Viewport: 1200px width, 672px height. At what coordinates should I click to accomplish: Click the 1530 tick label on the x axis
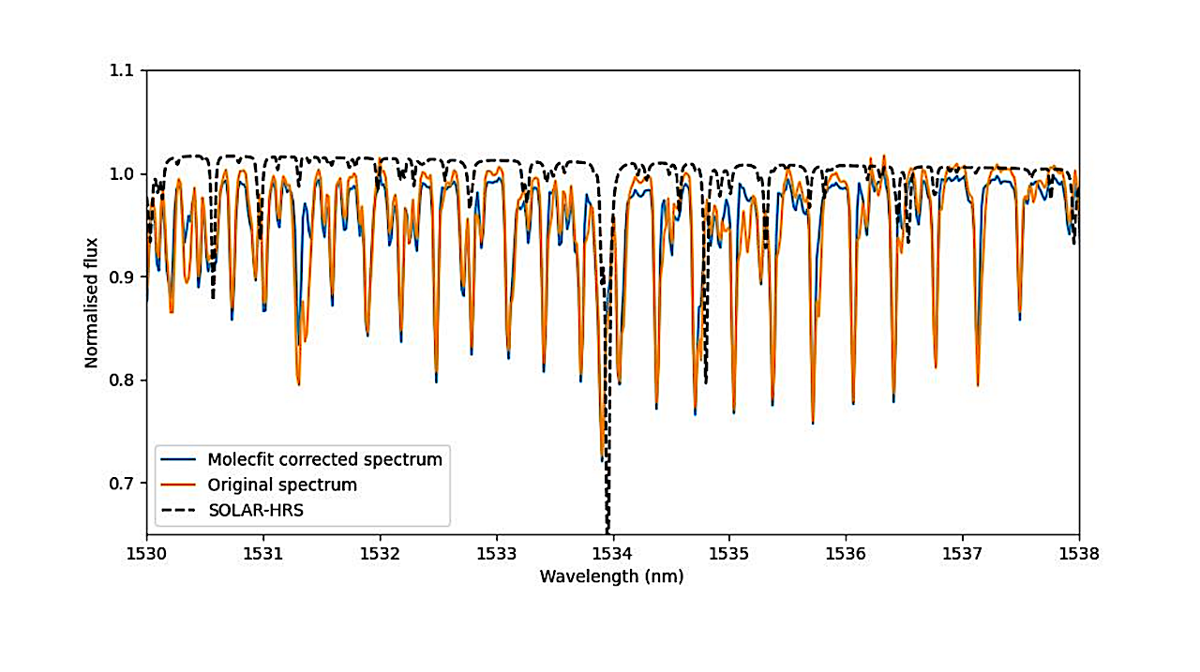click(146, 554)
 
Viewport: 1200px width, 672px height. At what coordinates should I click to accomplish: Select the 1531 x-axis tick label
click(263, 554)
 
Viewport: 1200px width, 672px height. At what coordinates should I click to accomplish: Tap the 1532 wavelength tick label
click(380, 554)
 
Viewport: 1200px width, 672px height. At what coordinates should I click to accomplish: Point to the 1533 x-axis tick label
click(496, 554)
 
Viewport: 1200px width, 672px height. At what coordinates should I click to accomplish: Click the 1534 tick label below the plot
click(613, 554)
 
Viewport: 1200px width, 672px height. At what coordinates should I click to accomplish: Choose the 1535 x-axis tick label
click(729, 554)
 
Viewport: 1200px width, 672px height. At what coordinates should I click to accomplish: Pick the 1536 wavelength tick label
click(846, 554)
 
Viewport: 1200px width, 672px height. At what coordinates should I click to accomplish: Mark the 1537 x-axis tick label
click(963, 554)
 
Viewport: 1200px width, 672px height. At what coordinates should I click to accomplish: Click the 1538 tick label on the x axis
click(1079, 554)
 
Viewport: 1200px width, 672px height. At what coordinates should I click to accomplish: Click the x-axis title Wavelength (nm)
click(611, 576)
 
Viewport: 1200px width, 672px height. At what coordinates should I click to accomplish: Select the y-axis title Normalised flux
click(92, 303)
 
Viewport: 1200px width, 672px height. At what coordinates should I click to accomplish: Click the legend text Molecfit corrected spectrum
click(324, 460)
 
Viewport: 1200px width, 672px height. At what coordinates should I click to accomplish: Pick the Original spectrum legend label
click(282, 485)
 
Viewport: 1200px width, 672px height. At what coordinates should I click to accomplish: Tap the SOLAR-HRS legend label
click(255, 510)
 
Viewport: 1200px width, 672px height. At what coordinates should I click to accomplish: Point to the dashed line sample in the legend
click(179, 510)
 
